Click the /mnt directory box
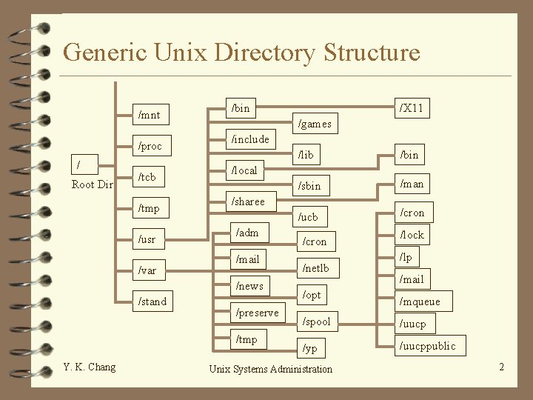coord(150,115)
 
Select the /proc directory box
coord(150,146)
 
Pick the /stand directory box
coord(153,301)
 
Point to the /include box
coord(251,139)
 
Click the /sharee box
coord(249,201)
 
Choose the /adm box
coord(247,233)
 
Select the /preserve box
coord(257,313)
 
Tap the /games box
coord(315,124)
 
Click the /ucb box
coord(308,217)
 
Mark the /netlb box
coord(315,267)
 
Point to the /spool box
coord(316,321)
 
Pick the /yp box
coord(310,348)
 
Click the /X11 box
coord(412,108)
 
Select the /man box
coord(412,184)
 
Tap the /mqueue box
coord(420,301)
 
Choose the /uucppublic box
coord(428,346)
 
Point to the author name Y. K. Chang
coord(90,367)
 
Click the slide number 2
coord(501,367)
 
